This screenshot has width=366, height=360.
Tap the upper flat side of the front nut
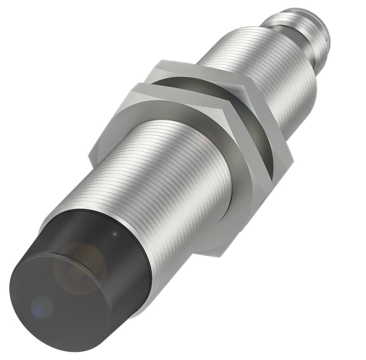pyautogui.click(x=162, y=89)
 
